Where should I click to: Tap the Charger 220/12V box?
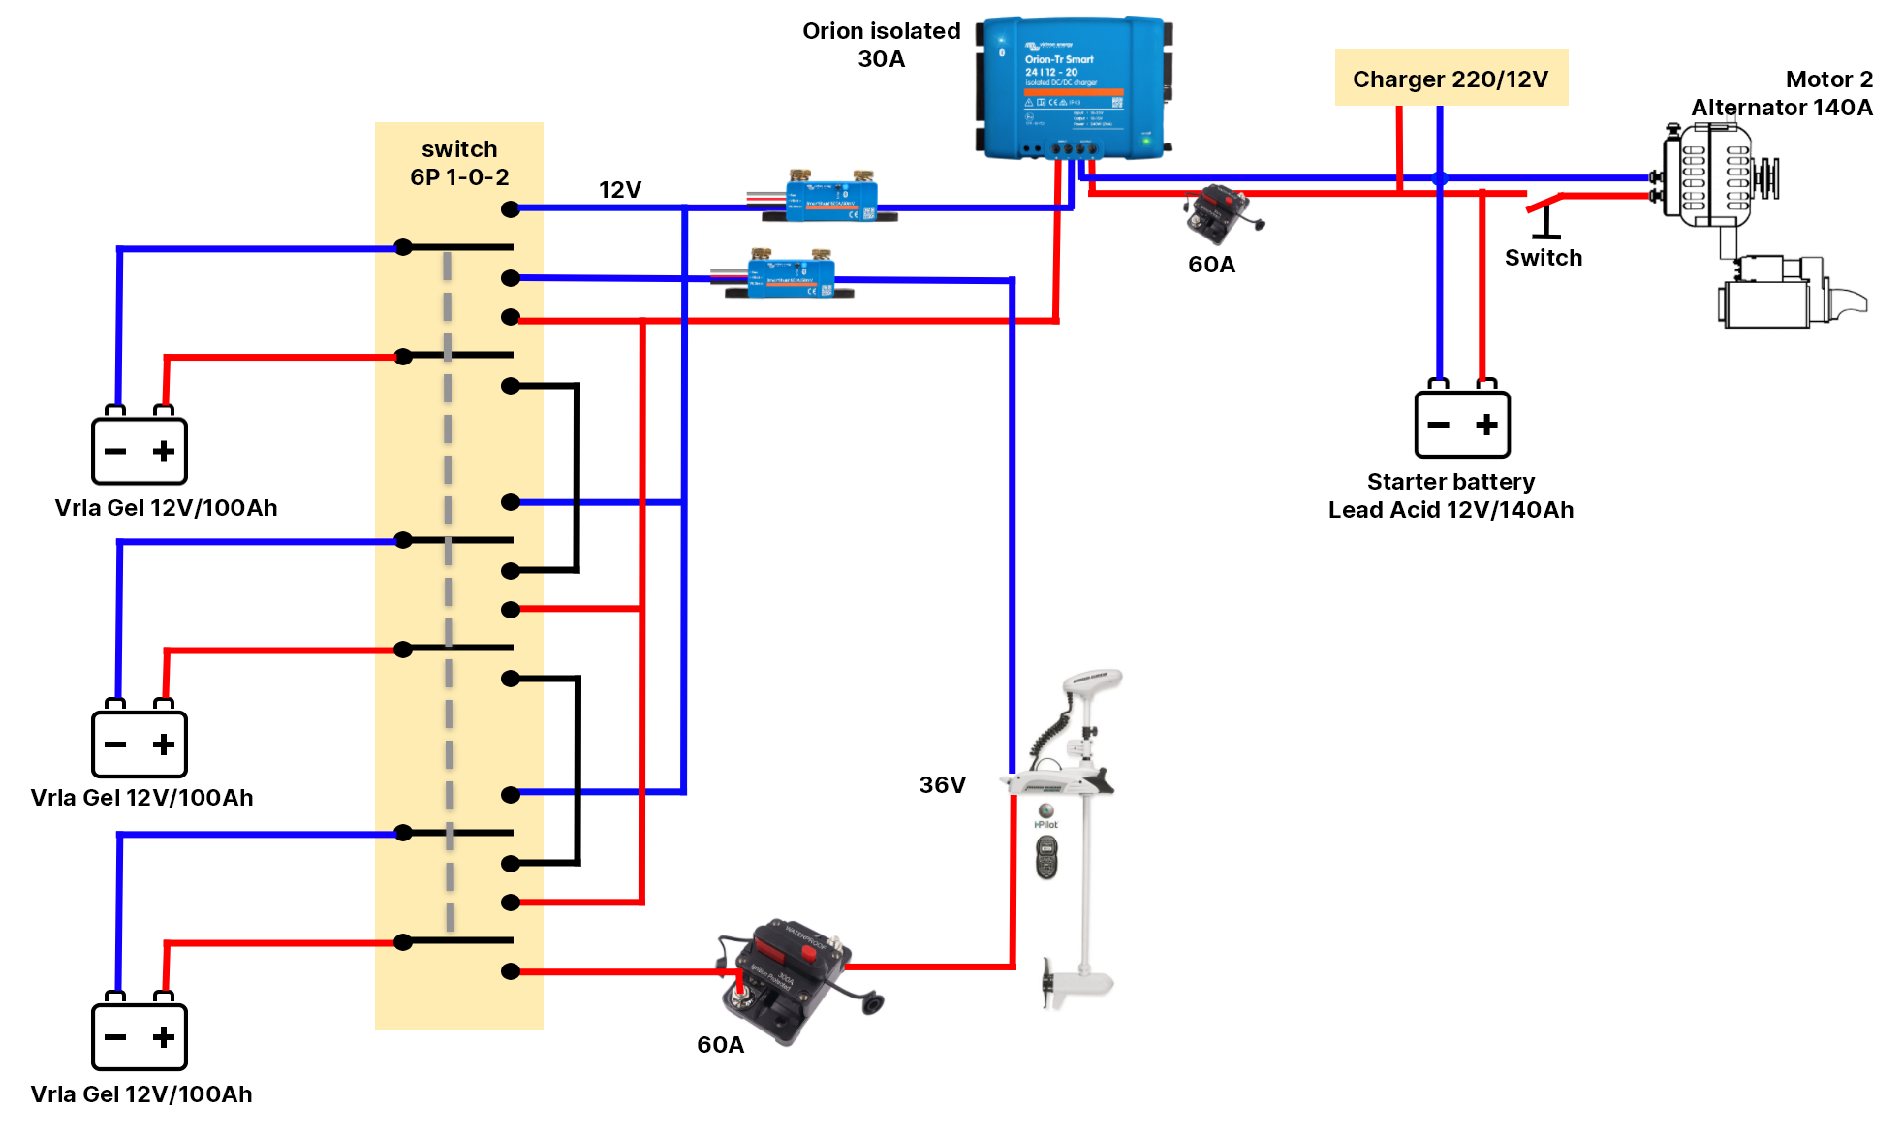pos(1451,79)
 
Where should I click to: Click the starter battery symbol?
pos(1462,423)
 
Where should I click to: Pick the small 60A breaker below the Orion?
pos(1219,214)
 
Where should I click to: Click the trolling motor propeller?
pos(1048,984)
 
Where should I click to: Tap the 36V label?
pos(942,784)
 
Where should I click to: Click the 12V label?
pos(619,189)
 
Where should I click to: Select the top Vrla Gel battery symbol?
pos(140,450)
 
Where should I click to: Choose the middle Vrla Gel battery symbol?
pos(140,744)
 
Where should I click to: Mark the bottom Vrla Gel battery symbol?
pos(140,1036)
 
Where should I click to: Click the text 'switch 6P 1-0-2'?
pos(459,163)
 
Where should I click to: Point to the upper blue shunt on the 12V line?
pos(829,198)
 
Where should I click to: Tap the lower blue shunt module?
pos(791,274)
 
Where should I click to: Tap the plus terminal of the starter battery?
pos(1486,424)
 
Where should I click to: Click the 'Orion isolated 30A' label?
pos(881,45)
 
